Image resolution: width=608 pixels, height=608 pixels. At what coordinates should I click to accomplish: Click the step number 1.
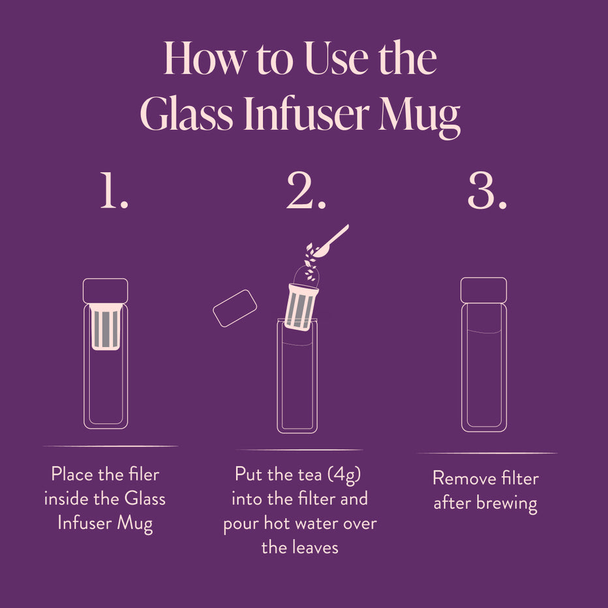pyautogui.click(x=114, y=192)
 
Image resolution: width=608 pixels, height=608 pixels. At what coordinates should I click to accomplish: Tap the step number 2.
pyautogui.click(x=306, y=192)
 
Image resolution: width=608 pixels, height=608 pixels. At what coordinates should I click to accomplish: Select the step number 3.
pyautogui.click(x=487, y=192)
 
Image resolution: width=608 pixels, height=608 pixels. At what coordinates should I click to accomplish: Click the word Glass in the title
pyautogui.click(x=186, y=115)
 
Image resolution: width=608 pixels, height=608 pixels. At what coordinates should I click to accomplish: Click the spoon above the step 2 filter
pyautogui.click(x=333, y=239)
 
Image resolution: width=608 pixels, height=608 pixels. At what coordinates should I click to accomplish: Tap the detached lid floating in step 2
pyautogui.click(x=235, y=308)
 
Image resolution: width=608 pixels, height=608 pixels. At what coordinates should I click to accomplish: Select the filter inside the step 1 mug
pyautogui.click(x=106, y=326)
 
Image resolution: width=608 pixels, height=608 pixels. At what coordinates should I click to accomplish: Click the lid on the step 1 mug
pyautogui.click(x=105, y=290)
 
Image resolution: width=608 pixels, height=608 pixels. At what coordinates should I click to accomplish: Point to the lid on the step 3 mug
pyautogui.click(x=483, y=290)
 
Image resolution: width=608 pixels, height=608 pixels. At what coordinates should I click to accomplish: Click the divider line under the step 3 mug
pyautogui.click(x=486, y=453)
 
